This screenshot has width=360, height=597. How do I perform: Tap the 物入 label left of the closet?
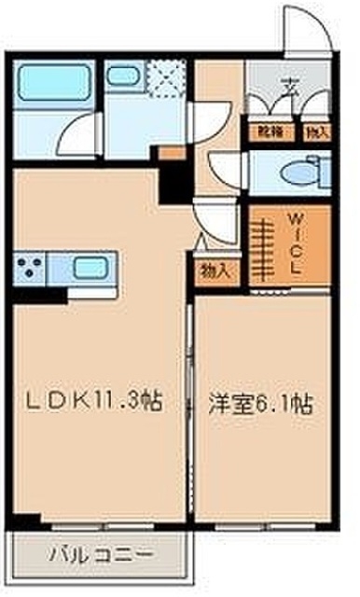[215, 271]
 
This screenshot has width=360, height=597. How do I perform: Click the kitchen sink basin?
[91, 268]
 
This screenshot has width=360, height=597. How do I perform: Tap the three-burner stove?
[32, 268]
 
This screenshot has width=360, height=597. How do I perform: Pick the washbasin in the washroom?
[121, 78]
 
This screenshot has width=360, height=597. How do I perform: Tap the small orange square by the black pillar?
[166, 153]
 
